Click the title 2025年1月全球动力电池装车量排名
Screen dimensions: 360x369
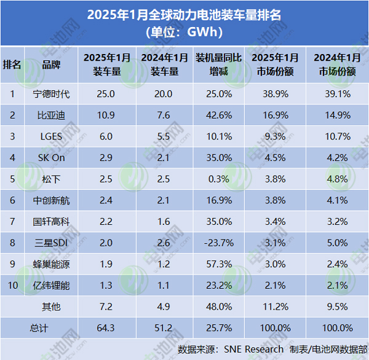[x=184, y=14]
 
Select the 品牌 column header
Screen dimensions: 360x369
[x=52, y=65]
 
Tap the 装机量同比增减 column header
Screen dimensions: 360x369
[x=213, y=65]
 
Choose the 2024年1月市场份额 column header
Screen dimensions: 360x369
[x=337, y=65]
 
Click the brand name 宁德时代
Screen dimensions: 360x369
[x=52, y=94]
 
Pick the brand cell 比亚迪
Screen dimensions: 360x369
[x=52, y=115]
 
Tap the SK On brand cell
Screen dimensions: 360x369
[x=52, y=157]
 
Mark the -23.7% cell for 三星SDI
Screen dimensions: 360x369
[x=213, y=242]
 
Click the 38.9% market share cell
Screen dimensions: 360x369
[x=275, y=94]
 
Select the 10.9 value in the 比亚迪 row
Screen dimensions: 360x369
[x=107, y=115]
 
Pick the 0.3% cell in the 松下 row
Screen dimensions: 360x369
[x=213, y=178]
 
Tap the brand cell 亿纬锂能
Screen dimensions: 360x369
[x=52, y=284]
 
